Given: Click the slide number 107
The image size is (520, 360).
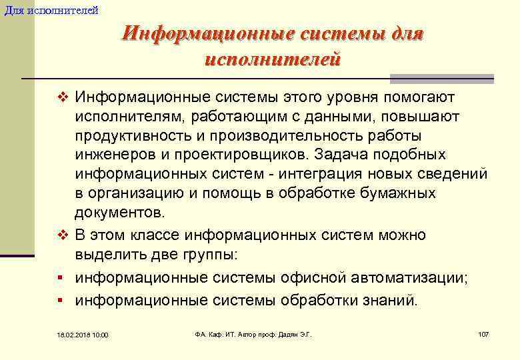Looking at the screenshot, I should coord(483,333).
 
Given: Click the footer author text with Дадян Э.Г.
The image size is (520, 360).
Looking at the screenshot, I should coord(253,333).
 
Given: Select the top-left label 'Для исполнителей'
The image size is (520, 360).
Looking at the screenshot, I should coord(51,10).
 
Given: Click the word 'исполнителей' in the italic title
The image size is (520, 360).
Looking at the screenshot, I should coord(273,59).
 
